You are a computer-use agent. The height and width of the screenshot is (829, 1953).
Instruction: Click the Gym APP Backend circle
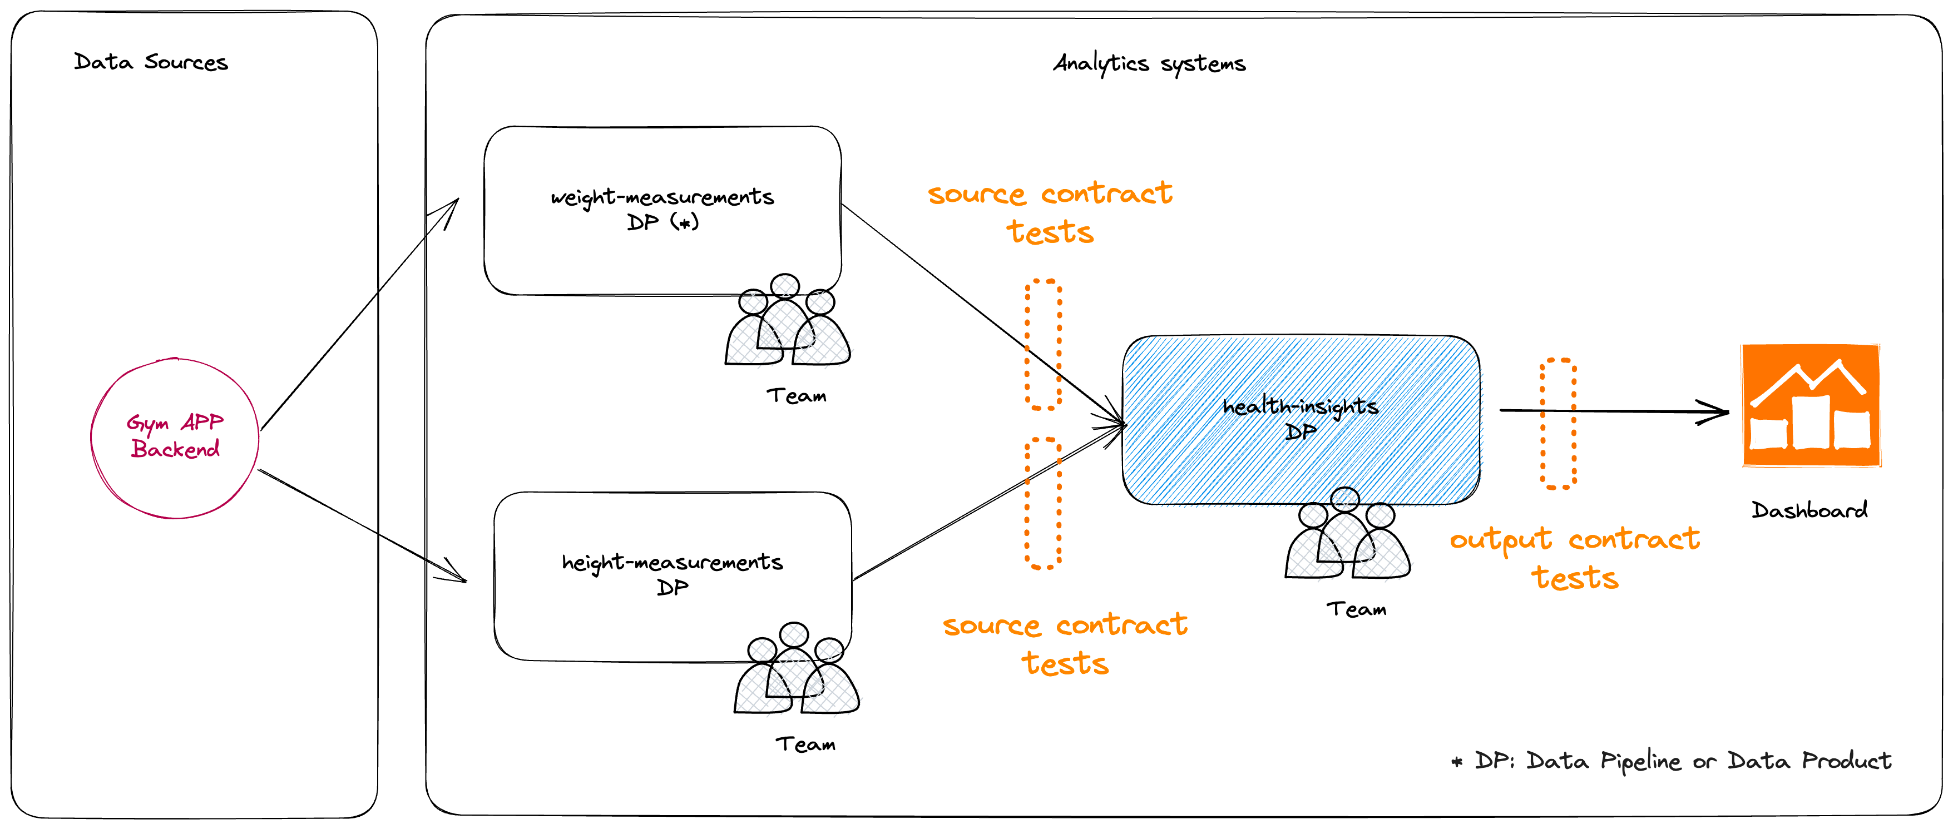(175, 438)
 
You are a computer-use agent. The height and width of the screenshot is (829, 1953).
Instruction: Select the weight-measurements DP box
(662, 210)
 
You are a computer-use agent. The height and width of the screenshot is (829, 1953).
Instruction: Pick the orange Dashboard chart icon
(1811, 405)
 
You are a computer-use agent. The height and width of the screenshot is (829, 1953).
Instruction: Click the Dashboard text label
(1809, 510)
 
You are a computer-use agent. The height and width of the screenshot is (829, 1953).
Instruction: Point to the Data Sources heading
(151, 62)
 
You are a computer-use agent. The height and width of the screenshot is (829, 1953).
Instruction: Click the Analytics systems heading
(1149, 63)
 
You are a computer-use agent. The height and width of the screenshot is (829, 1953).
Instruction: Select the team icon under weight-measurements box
(787, 322)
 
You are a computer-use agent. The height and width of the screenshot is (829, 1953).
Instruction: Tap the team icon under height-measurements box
(796, 671)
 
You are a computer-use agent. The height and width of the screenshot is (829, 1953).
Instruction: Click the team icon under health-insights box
(1347, 535)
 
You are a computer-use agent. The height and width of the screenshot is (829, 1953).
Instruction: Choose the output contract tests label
(1575, 558)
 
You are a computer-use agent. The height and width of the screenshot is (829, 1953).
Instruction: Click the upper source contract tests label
(1050, 212)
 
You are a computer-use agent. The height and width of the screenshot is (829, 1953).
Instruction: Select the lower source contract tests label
(1065, 643)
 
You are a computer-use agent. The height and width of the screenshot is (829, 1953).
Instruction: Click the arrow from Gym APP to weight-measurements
(357, 318)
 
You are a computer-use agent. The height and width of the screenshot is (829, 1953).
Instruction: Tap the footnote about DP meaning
(1671, 760)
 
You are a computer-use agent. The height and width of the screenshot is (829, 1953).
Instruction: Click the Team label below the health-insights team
(1356, 609)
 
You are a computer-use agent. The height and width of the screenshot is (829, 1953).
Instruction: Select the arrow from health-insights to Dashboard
(1630, 411)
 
